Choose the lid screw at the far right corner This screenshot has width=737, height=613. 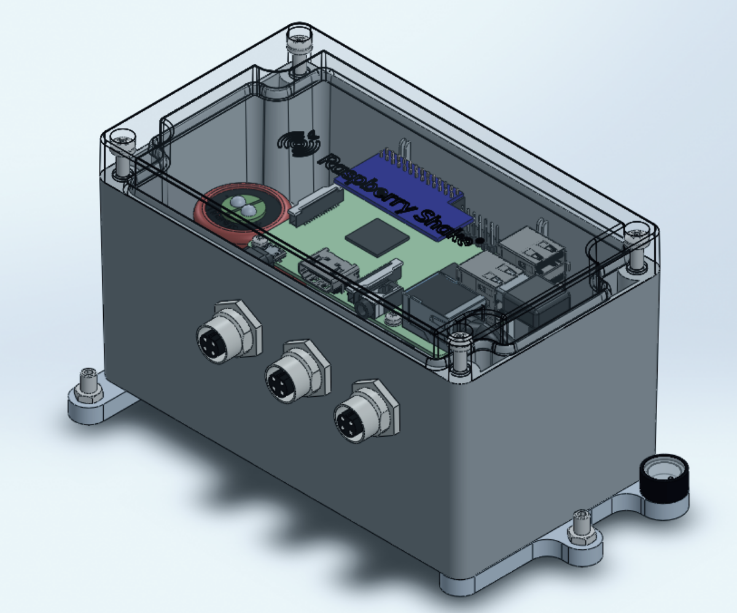636,234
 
